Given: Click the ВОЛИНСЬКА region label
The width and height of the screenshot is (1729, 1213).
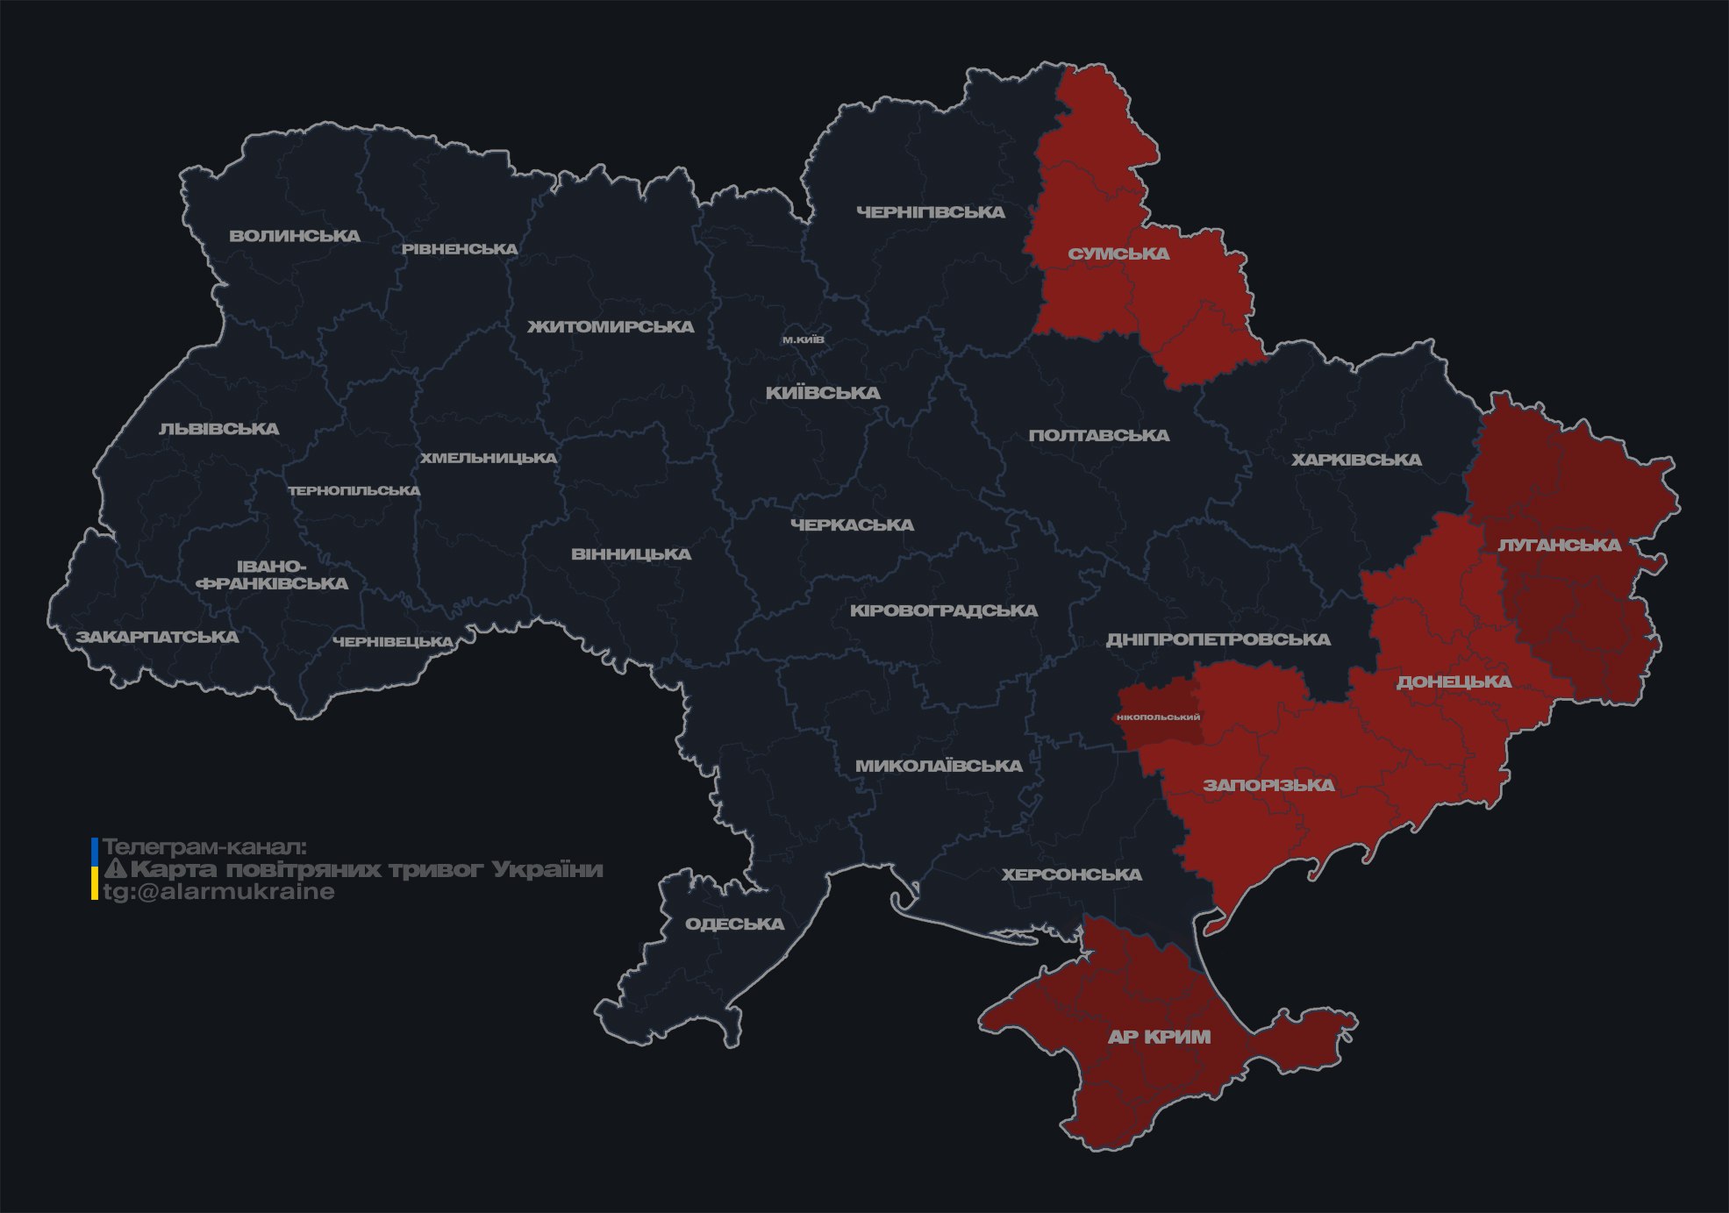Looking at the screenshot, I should (295, 236).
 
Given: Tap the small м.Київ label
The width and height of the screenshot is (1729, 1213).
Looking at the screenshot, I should (804, 339).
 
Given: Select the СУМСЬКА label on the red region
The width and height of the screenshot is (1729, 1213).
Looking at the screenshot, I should (1118, 254).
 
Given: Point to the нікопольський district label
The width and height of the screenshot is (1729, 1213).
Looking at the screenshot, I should (1158, 717).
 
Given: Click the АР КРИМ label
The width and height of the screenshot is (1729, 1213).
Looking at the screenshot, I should (1159, 1037).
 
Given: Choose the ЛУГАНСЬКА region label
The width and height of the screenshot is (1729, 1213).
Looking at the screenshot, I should (1559, 546).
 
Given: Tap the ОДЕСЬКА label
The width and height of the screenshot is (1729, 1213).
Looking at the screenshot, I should (734, 924).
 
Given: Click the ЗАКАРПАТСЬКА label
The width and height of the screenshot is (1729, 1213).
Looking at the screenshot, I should (157, 637).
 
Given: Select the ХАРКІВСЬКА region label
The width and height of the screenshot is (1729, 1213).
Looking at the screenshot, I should (1356, 460).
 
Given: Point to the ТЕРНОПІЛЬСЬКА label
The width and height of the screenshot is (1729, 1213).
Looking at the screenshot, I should (354, 491).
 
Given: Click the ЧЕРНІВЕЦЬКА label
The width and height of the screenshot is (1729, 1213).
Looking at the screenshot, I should (393, 642).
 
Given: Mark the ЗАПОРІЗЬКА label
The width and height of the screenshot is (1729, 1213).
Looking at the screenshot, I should (1268, 785).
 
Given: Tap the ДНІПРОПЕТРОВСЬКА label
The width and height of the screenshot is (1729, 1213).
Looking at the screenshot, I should (1218, 639).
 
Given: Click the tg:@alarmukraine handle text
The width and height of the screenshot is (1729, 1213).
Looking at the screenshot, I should (218, 892).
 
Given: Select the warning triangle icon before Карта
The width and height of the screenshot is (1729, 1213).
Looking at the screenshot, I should (116, 869).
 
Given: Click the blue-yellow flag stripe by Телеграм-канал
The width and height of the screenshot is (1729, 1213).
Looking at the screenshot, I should (95, 869).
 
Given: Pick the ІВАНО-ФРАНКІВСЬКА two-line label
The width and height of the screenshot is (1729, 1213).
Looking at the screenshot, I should (272, 575).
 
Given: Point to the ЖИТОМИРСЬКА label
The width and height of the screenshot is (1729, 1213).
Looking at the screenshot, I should (611, 327).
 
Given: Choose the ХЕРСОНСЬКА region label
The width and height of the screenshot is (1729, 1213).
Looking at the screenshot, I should (1071, 875).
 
